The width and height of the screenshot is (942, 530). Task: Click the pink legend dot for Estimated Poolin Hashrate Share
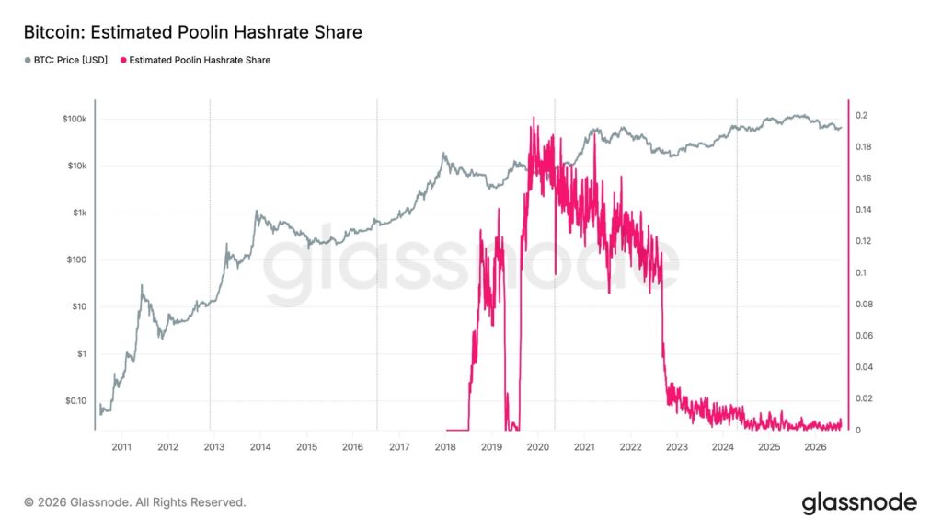click(x=124, y=60)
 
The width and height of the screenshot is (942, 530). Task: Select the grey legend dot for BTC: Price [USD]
click(x=28, y=60)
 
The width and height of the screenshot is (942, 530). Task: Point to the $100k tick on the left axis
click(x=75, y=119)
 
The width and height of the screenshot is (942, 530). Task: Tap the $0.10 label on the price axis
click(x=75, y=401)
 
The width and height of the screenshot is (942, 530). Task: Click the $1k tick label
click(x=80, y=213)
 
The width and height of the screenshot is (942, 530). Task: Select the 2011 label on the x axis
click(x=122, y=447)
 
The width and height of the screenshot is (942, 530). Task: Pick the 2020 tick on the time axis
click(x=537, y=447)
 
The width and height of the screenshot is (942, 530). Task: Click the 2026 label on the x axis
click(x=815, y=447)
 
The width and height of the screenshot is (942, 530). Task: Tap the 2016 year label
click(x=352, y=447)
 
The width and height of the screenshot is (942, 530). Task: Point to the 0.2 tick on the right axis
click(x=861, y=115)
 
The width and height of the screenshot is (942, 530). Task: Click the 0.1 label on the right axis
click(x=861, y=272)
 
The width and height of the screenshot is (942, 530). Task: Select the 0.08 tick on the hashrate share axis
click(x=865, y=304)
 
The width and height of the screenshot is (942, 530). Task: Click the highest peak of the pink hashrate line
click(x=534, y=118)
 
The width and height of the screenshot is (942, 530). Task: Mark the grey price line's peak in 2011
click(x=142, y=285)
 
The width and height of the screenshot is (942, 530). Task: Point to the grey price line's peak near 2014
click(x=257, y=212)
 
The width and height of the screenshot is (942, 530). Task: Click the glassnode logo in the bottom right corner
click(x=859, y=503)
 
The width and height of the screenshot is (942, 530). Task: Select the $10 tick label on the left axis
click(x=79, y=306)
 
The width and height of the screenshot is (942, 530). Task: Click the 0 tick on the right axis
click(x=858, y=431)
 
